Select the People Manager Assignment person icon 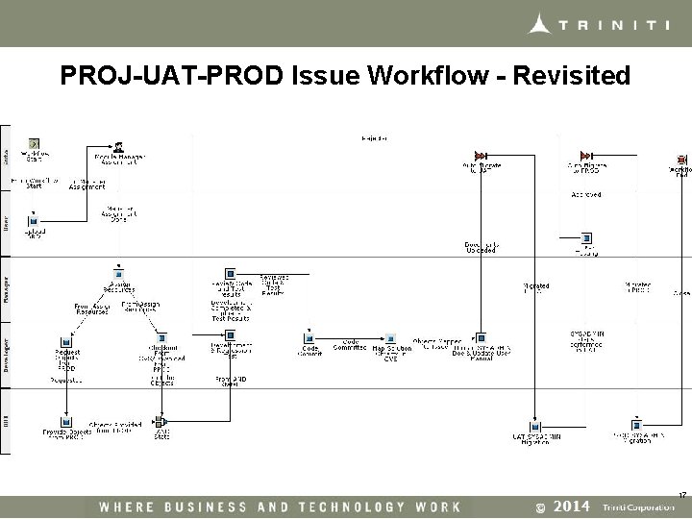click(x=118, y=147)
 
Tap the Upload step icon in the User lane click(x=32, y=221)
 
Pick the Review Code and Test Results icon click(x=230, y=274)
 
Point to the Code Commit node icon click(x=309, y=338)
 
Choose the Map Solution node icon click(x=391, y=338)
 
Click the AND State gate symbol click(x=161, y=422)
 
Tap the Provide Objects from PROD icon click(x=65, y=422)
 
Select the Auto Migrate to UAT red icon click(x=482, y=156)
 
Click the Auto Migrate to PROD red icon click(x=585, y=156)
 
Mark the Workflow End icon click(x=681, y=159)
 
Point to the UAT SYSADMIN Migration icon click(x=535, y=425)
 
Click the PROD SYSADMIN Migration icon click(x=635, y=424)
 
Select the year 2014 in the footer click(x=572, y=507)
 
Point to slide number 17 click(x=682, y=494)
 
